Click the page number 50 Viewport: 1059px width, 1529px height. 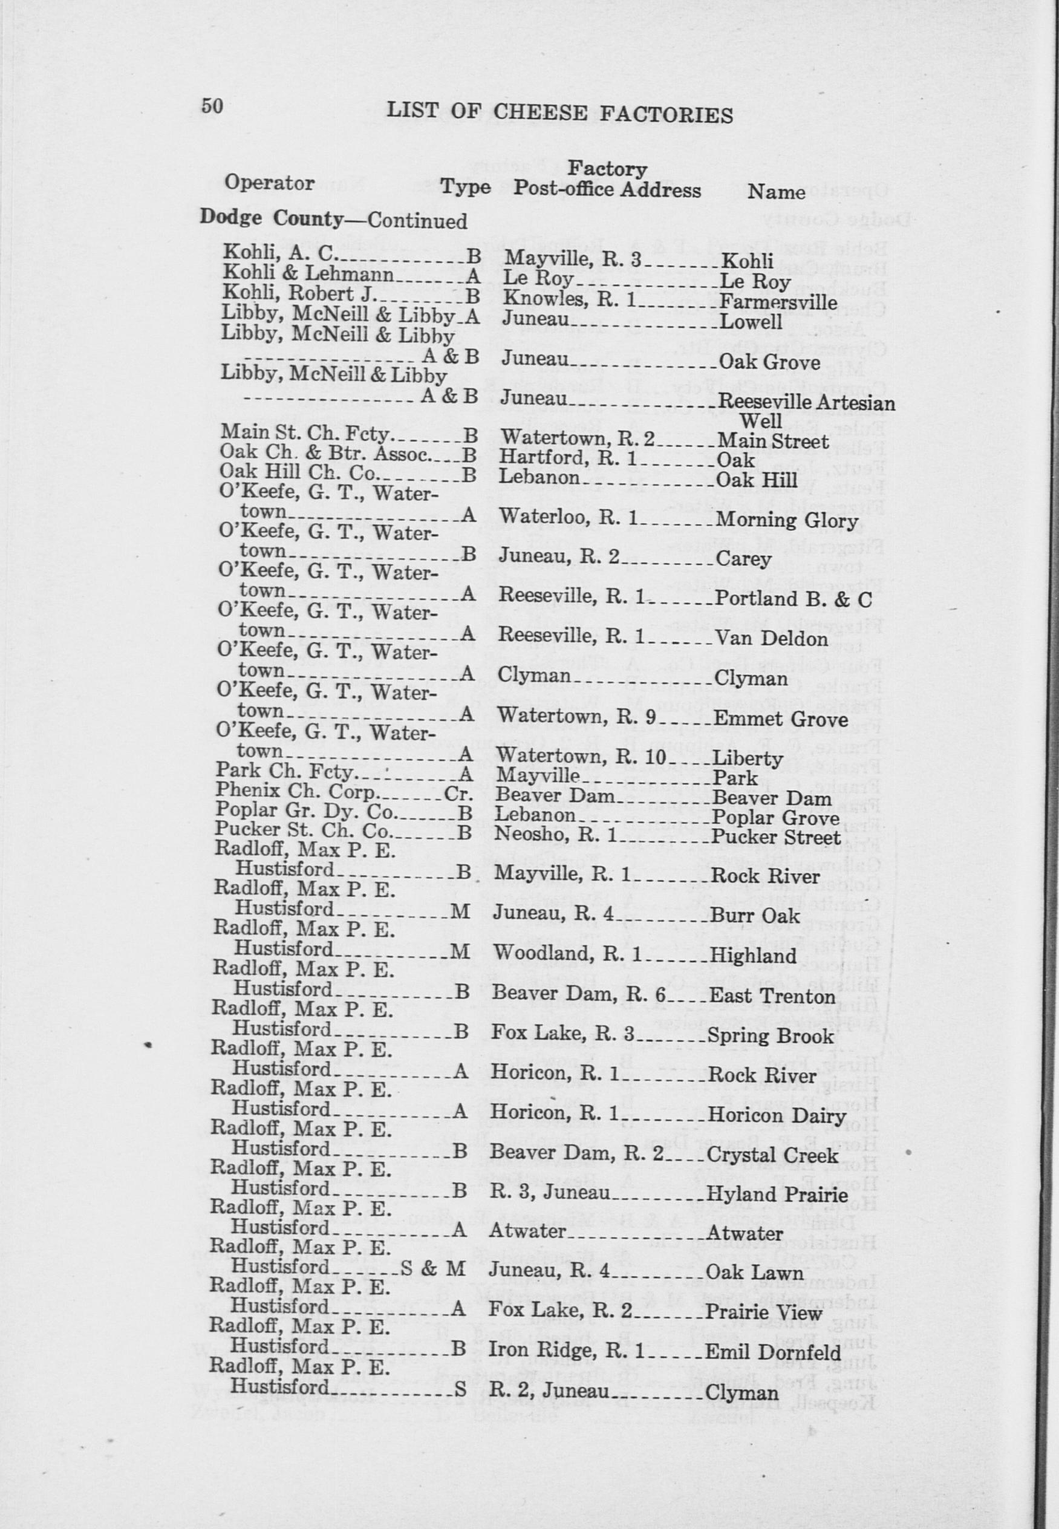tap(211, 106)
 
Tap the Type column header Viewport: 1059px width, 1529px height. tap(466, 188)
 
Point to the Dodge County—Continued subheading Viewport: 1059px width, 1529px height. tap(333, 219)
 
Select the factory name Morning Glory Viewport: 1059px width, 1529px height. tap(787, 521)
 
